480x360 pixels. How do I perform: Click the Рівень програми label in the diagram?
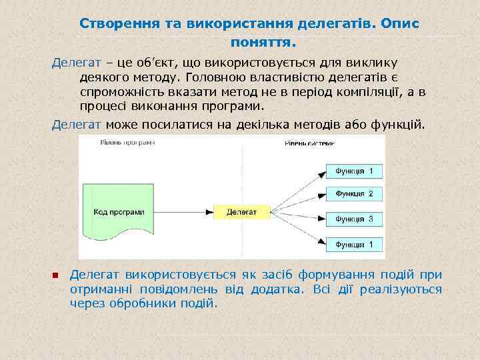127,142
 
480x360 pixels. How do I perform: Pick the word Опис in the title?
400,23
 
